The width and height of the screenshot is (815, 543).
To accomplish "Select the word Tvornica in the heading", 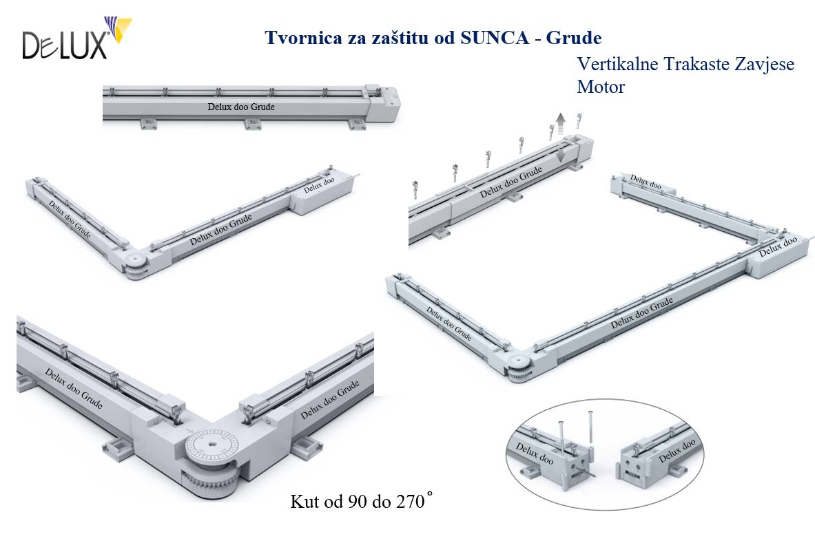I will coord(299,36).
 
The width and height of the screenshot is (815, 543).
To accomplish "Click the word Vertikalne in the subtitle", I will coord(617,65).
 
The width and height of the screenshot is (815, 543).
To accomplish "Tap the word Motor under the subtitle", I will coord(601,87).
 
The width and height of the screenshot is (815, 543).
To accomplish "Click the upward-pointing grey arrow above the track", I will coord(561,122).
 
